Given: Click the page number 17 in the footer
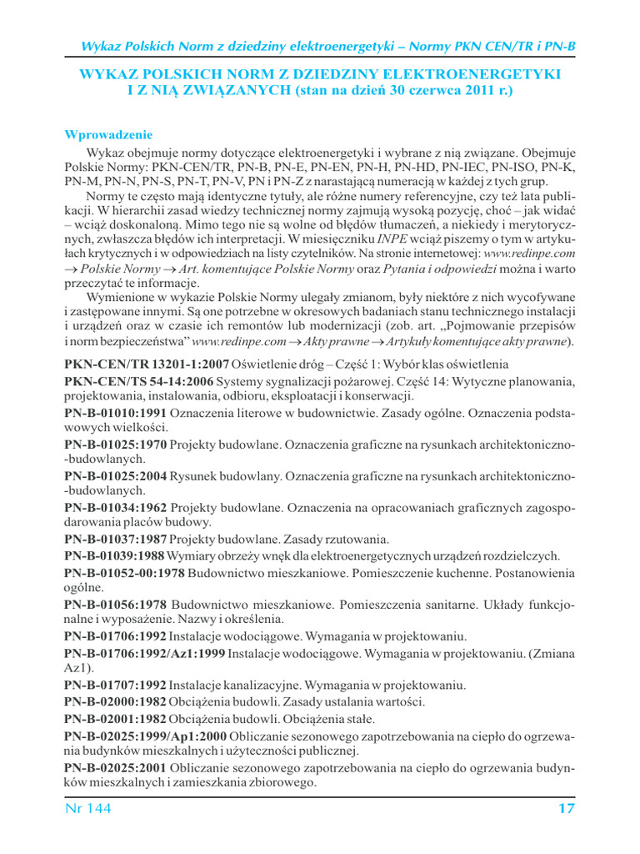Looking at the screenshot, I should [566, 808].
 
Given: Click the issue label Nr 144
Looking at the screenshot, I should [87, 808].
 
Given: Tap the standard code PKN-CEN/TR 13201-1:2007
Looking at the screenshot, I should [147, 365].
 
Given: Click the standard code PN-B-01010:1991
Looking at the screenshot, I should [115, 413].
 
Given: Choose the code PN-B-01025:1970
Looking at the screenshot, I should [115, 445].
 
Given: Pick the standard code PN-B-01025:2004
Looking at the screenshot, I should [115, 476].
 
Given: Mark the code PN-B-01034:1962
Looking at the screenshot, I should [115, 508].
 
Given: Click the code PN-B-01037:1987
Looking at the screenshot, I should [115, 540].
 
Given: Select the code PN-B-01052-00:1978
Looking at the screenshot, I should [124, 572].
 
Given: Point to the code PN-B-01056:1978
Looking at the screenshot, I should [115, 604].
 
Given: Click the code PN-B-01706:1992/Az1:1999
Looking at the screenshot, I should [144, 652].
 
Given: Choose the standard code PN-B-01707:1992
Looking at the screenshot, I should [115, 685].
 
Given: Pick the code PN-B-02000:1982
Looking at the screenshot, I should [115, 701].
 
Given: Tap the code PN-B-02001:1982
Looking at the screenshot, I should [115, 717].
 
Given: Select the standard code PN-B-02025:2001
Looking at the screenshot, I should [115, 766].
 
